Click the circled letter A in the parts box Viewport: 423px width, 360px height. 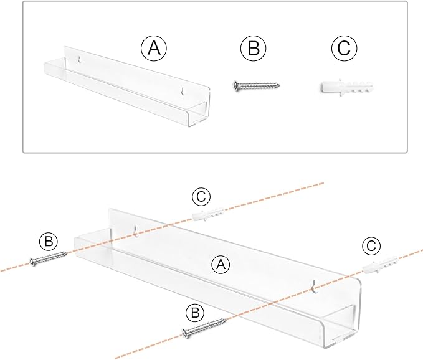(x=154, y=49)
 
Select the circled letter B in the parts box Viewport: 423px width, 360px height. (x=254, y=49)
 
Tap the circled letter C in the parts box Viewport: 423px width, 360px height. (x=345, y=49)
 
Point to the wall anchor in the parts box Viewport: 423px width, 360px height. (x=348, y=87)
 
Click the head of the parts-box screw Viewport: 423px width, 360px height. (x=235, y=85)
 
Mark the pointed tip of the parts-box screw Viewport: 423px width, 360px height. (x=279, y=86)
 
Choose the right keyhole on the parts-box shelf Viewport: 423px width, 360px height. (x=183, y=91)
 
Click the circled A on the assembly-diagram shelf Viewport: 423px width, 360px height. (x=221, y=265)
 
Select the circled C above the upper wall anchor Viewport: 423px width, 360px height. (x=201, y=197)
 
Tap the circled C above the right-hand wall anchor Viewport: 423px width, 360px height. (x=371, y=245)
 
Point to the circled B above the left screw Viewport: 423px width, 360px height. (x=49, y=241)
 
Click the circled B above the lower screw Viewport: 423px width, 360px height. (x=195, y=313)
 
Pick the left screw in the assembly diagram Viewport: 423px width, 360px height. (x=48, y=258)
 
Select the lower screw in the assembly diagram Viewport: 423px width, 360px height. (x=204, y=328)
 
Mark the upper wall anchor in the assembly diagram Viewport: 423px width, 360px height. (x=208, y=215)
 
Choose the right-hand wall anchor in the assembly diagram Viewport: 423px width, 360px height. (x=380, y=265)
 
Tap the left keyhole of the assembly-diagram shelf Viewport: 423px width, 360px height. (x=136, y=231)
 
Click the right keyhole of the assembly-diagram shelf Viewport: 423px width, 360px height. (x=315, y=287)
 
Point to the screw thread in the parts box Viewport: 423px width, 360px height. (x=259, y=86)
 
